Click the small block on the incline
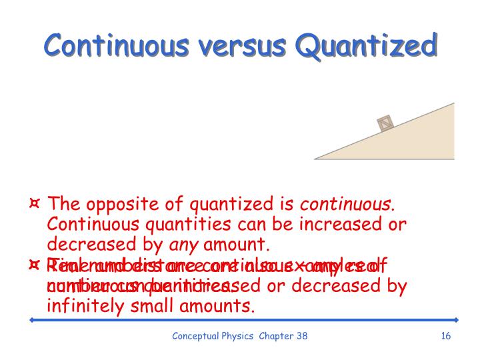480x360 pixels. (385, 123)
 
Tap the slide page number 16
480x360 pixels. (446, 336)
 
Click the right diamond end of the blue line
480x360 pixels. (456, 320)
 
